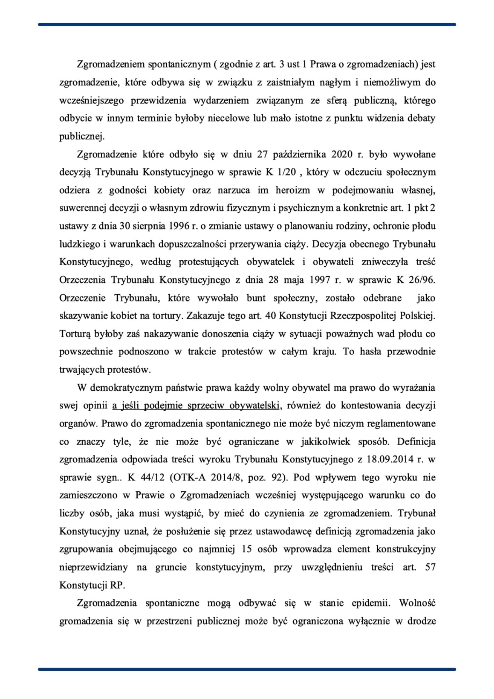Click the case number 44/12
point(151,478)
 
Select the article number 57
point(430,567)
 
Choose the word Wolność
point(417,603)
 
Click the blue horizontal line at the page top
point(247,24)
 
